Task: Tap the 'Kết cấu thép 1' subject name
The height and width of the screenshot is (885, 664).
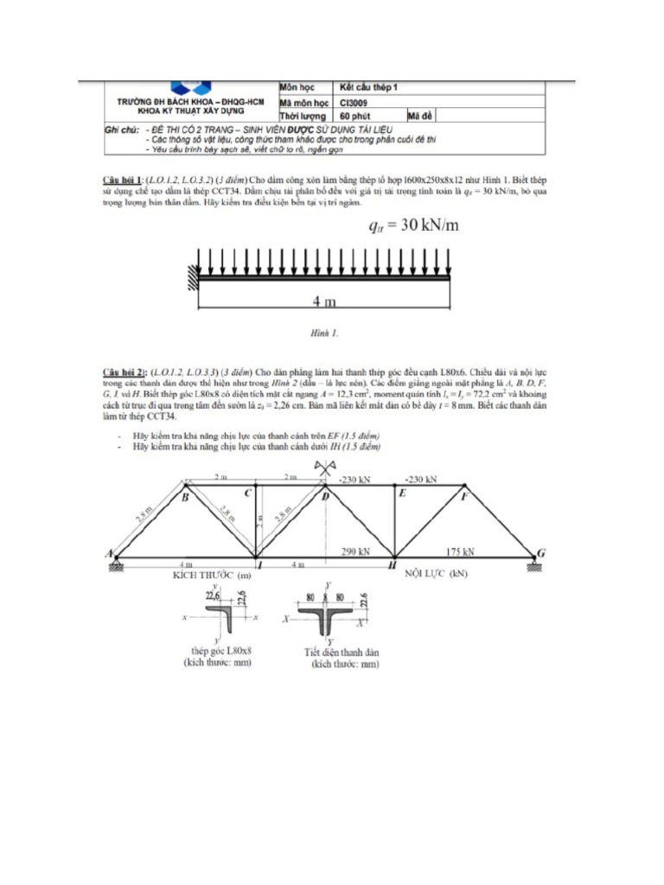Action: (x=369, y=88)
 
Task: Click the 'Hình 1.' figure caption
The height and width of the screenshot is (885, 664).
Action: (x=324, y=331)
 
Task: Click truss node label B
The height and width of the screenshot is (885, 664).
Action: (x=184, y=498)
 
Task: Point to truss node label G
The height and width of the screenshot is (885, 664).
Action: (x=541, y=552)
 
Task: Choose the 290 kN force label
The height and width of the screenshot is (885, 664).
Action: (x=355, y=551)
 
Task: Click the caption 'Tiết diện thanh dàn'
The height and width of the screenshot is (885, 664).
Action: (x=344, y=653)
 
